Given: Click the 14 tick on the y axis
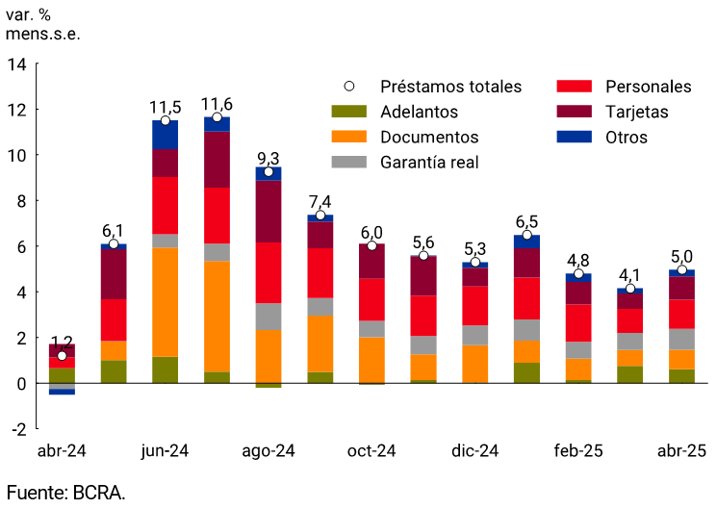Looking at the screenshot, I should tap(17, 64).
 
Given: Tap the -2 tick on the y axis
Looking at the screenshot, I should tap(17, 428).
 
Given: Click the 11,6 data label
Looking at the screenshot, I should tap(217, 104).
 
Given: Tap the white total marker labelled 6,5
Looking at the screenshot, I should tap(526, 235).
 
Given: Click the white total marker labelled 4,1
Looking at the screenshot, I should tap(630, 289).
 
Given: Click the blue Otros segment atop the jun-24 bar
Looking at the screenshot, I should tap(165, 135).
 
